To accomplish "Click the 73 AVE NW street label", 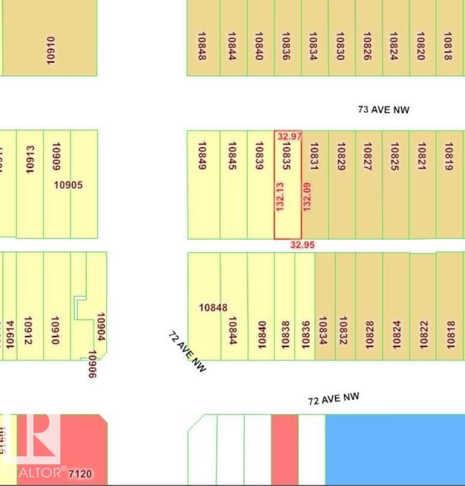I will click(x=383, y=110).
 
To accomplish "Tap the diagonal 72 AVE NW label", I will click(x=187, y=350).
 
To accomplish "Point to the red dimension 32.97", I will click(x=289, y=137).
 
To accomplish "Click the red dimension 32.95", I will click(x=302, y=245).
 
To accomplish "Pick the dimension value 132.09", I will click(x=307, y=196).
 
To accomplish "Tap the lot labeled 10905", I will click(x=68, y=185).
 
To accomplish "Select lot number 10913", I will click(x=30, y=159).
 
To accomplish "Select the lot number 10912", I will click(x=28, y=331).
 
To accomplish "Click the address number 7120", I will click(x=81, y=473).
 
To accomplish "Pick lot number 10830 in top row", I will click(x=340, y=46).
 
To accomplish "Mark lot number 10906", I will click(x=93, y=364).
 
